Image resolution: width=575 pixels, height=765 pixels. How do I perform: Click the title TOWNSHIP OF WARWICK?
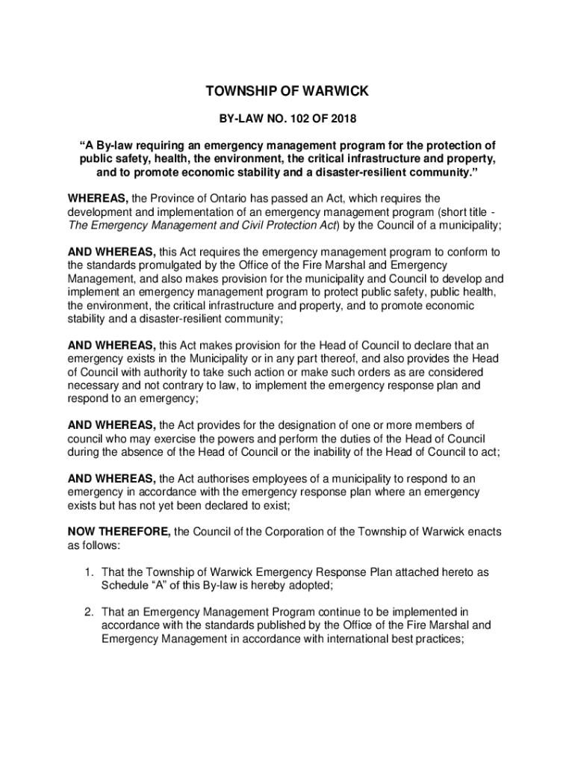coord(287,92)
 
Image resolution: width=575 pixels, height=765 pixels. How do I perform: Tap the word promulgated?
coord(157,265)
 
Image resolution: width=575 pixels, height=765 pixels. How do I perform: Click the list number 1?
coord(88,572)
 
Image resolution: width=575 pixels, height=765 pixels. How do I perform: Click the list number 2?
coord(88,612)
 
